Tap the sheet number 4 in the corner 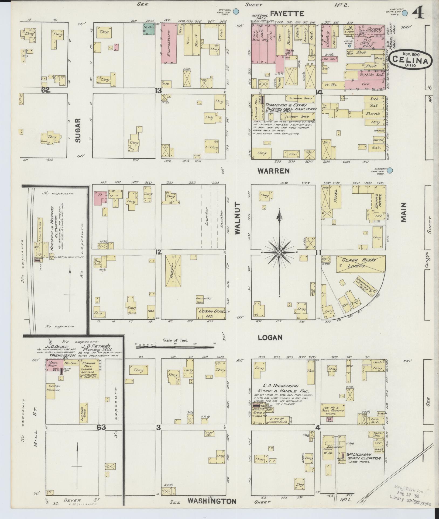(418, 12)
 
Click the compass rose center (279, 252)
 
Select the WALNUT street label (237, 220)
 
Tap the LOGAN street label (270, 337)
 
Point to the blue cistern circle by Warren (390, 170)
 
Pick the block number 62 (46, 90)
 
